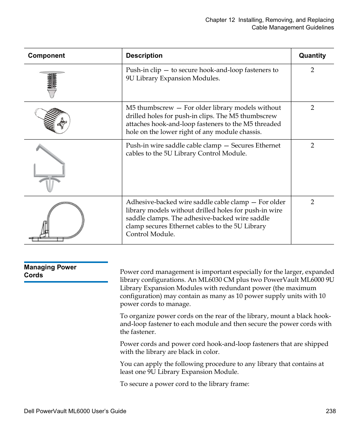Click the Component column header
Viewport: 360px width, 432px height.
pyautogui.click(x=46, y=56)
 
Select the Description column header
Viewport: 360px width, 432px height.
pyautogui.click(x=144, y=56)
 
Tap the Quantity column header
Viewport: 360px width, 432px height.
pyautogui.click(x=312, y=56)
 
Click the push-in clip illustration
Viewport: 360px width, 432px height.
pyautogui.click(x=52, y=84)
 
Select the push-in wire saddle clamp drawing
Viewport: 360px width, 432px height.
pyautogui.click(x=49, y=167)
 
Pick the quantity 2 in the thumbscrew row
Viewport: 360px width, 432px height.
pyautogui.click(x=312, y=108)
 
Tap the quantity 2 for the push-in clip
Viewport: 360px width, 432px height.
pyautogui.click(x=312, y=70)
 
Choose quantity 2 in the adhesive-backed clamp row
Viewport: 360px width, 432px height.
pyautogui.click(x=312, y=202)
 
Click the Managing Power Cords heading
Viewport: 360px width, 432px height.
pyautogui.click(x=50, y=271)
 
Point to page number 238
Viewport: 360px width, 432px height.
pyautogui.click(x=331, y=411)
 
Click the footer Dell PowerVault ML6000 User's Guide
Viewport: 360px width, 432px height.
pyautogui.click(x=75, y=411)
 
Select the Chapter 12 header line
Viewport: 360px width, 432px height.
pyautogui.click(x=269, y=20)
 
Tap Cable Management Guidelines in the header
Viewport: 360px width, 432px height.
pyautogui.click(x=292, y=28)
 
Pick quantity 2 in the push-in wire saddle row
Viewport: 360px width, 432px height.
pyautogui.click(x=312, y=146)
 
